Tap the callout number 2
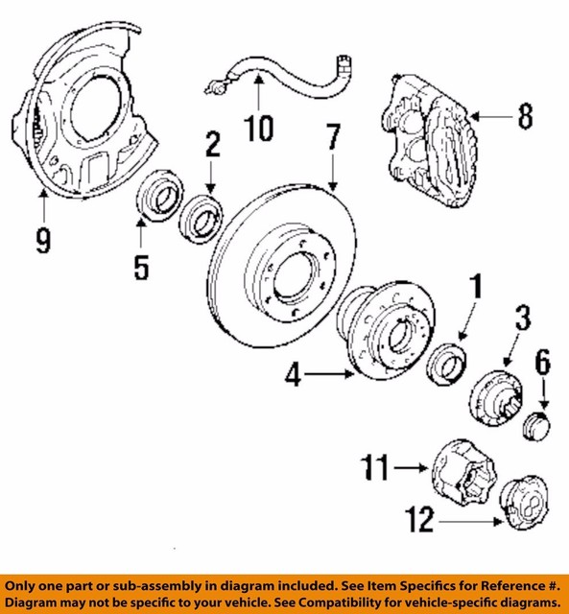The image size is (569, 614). [x=212, y=145]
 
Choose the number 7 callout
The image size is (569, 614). [x=331, y=140]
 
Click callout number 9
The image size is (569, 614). [x=42, y=240]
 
